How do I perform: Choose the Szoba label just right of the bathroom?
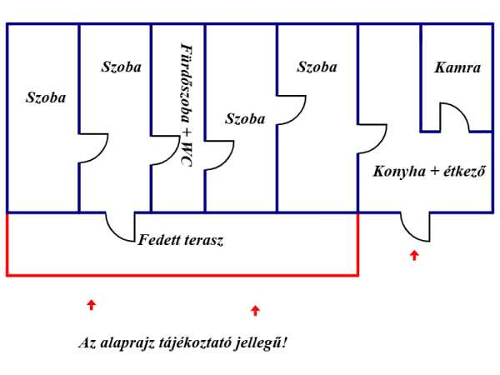pos(245,119)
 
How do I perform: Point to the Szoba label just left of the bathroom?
pos(121,66)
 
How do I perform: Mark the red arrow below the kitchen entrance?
pos(414,255)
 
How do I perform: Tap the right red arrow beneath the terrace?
pos(255,311)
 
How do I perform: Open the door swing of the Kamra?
pos(457,120)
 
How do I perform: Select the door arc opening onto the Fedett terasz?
pos(121,226)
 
